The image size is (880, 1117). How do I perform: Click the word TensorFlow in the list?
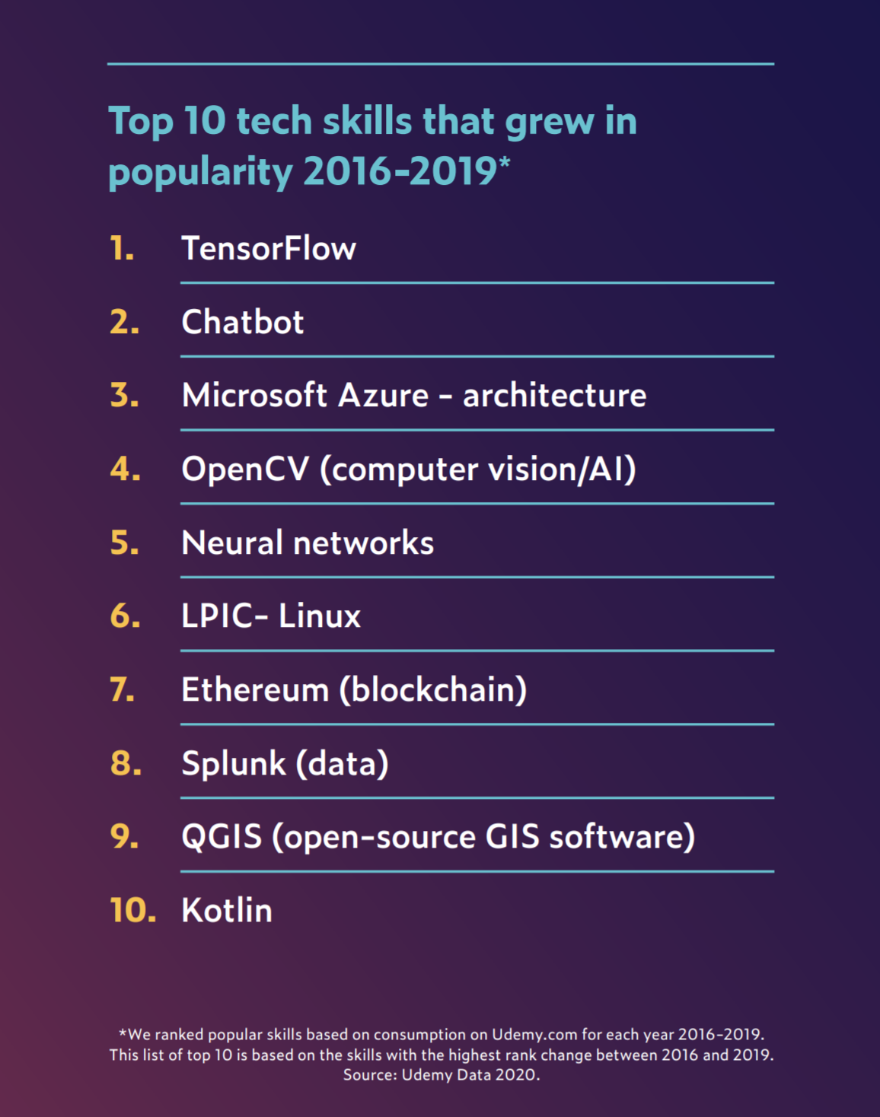point(269,249)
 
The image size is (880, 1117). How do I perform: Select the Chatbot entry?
point(242,323)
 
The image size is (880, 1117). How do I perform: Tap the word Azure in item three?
point(384,396)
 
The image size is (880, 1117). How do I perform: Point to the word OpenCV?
point(245,469)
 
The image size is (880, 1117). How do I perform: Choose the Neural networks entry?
point(308,543)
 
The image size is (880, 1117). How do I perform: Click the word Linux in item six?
point(320,616)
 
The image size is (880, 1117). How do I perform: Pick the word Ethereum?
point(255,690)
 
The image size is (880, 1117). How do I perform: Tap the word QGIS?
point(222,837)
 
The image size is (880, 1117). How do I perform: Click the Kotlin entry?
point(227,911)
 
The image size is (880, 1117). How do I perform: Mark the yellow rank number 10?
point(132,911)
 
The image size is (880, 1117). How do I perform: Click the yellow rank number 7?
point(123,690)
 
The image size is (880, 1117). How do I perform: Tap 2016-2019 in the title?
point(400,171)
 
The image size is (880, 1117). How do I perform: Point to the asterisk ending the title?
point(505,161)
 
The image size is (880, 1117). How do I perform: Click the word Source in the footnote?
point(368,1075)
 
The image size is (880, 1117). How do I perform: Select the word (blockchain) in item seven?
point(433,690)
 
